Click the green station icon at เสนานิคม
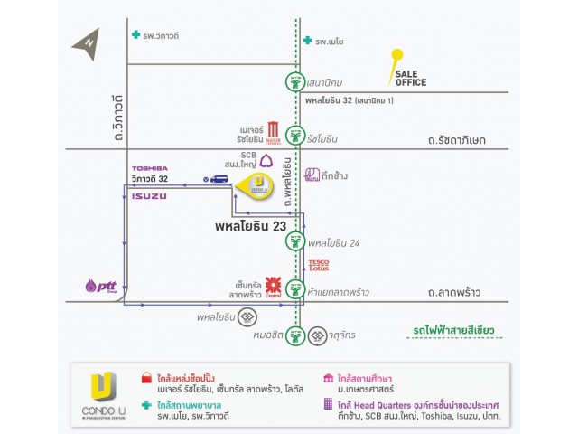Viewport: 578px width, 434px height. pyautogui.click(x=294, y=81)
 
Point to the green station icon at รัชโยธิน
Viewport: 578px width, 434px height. pyautogui.click(x=294, y=139)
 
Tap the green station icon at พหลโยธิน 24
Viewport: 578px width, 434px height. pyautogui.click(x=294, y=241)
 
